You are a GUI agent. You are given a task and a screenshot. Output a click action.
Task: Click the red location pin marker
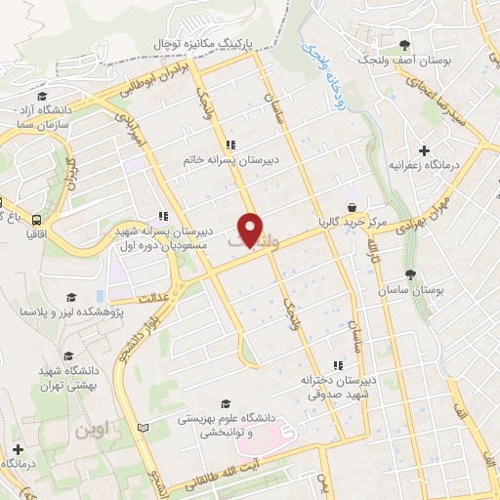tap(252, 229)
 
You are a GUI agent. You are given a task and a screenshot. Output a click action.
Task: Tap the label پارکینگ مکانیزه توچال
tap(208, 44)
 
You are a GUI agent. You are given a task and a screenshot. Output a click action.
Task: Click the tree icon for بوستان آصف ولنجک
tap(405, 45)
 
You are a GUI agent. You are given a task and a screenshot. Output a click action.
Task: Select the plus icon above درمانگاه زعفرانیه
tap(423, 150)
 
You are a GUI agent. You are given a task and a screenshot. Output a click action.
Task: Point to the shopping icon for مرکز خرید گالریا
tap(351, 206)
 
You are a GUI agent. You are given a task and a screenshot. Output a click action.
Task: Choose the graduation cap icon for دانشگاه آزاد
tap(43, 97)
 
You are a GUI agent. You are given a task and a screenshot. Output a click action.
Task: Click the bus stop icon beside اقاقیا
tap(36, 219)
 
